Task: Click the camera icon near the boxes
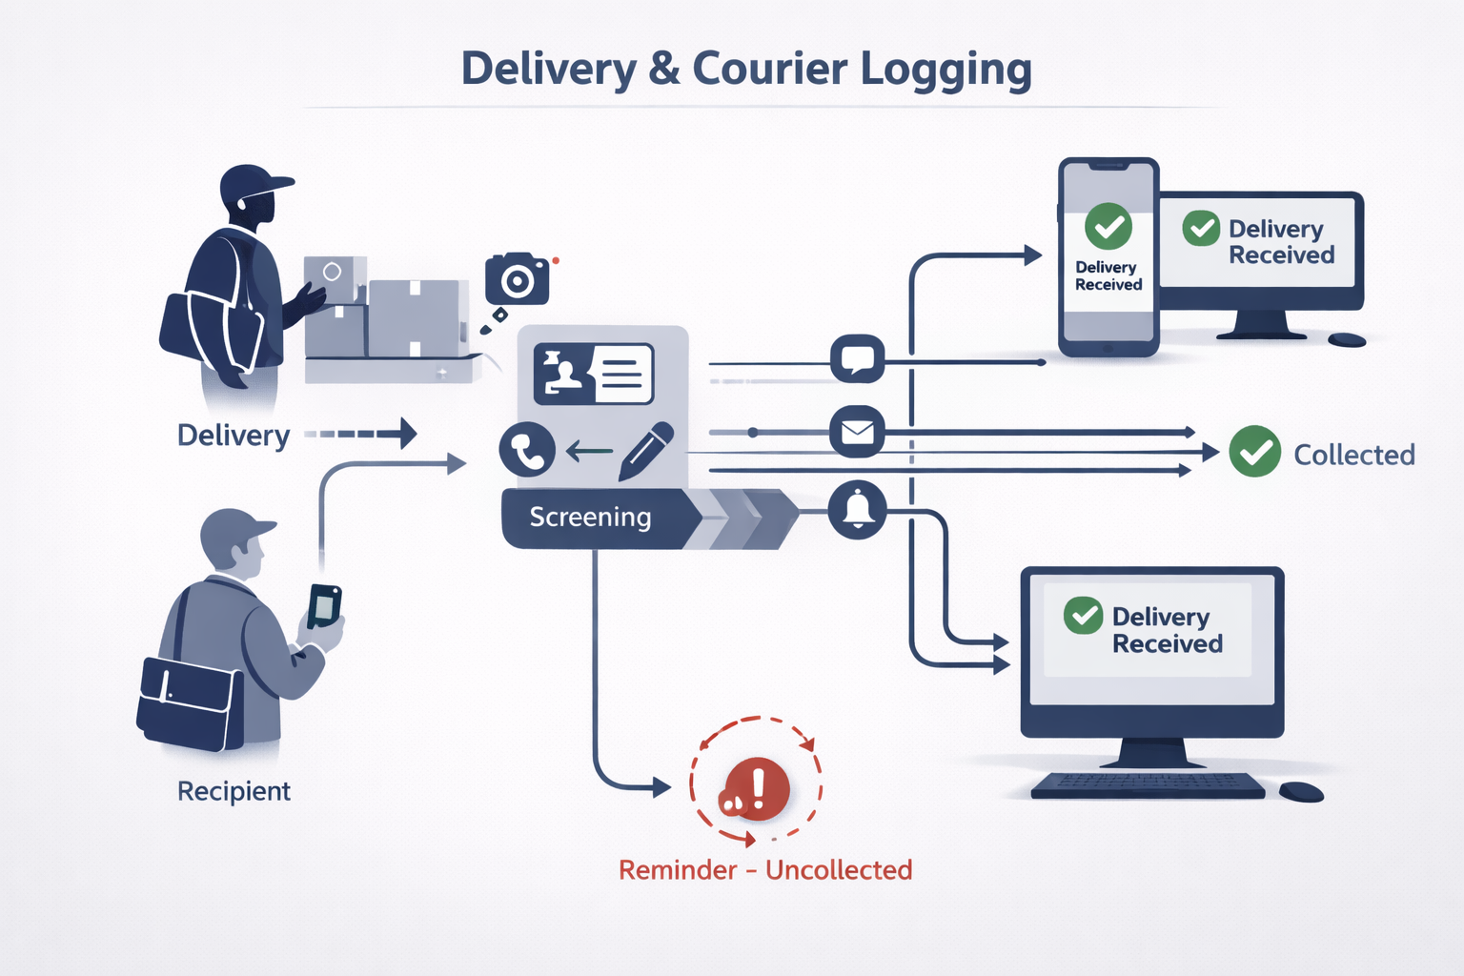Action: tap(517, 279)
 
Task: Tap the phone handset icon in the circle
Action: tap(527, 449)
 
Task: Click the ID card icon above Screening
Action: tap(594, 374)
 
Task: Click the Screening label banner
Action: tap(591, 518)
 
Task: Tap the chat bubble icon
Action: tap(857, 359)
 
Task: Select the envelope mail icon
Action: tap(857, 432)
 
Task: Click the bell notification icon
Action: tap(857, 510)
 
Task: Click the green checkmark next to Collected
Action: tap(1254, 452)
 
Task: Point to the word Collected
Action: tap(1353, 456)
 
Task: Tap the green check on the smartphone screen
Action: tap(1108, 227)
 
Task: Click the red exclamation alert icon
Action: tap(756, 789)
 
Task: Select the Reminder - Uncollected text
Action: tap(765, 870)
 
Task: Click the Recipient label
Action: tap(234, 791)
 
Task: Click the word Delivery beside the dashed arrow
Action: tap(234, 436)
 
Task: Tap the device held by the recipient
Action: tap(324, 605)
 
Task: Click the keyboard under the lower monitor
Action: tap(1148, 785)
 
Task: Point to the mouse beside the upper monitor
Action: tap(1347, 339)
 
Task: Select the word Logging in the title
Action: tap(945, 71)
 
